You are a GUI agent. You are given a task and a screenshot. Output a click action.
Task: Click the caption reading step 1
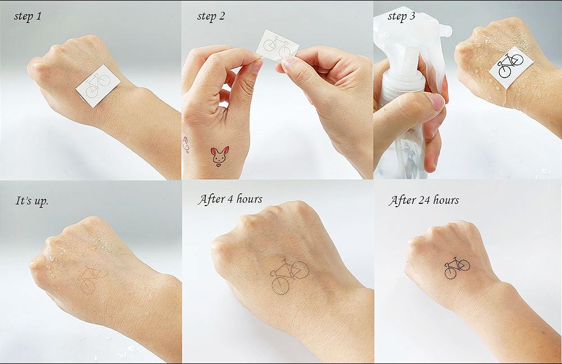28,16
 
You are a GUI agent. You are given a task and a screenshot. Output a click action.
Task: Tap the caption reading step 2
211,16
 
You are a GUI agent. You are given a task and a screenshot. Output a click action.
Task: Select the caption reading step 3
401,16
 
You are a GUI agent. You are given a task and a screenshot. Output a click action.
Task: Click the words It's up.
31,201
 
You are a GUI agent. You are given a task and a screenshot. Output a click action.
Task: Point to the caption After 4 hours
230,199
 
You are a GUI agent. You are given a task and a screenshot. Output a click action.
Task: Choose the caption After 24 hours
424,200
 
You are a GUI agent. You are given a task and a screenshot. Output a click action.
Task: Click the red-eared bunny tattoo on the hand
220,156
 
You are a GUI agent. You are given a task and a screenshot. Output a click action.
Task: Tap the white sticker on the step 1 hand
98,85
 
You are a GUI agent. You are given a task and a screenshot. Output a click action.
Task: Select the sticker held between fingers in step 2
278,45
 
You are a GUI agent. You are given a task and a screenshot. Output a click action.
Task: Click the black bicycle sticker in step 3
511,67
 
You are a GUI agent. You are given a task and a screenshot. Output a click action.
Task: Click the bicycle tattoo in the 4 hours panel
289,276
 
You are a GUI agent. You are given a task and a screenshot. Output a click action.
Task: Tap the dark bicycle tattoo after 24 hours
456,267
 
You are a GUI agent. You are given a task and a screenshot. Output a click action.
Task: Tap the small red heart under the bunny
218,165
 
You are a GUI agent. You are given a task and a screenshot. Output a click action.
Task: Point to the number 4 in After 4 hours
229,199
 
